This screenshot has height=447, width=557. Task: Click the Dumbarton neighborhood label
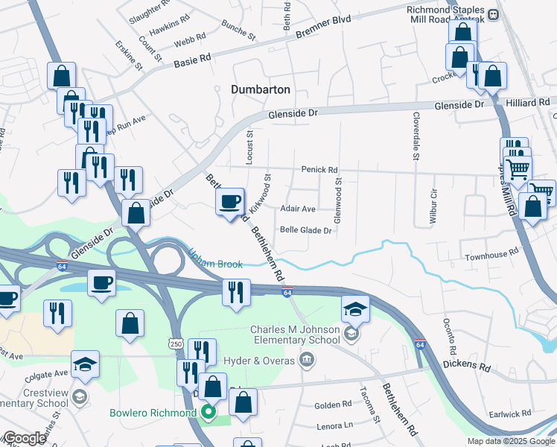point(260,89)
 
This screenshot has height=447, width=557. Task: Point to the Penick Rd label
point(319,170)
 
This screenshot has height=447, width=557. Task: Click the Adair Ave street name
point(298,209)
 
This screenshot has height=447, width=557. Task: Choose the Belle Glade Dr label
point(305,230)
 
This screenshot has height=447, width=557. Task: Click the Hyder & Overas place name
point(267,361)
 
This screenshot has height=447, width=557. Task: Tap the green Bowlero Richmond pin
point(209,412)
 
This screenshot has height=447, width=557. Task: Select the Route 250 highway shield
point(175,342)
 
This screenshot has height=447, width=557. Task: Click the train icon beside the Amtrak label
point(492,13)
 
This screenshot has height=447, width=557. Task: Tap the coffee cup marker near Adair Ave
point(231,201)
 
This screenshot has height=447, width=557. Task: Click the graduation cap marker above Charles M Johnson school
point(354,308)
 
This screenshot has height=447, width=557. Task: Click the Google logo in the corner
point(25,438)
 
